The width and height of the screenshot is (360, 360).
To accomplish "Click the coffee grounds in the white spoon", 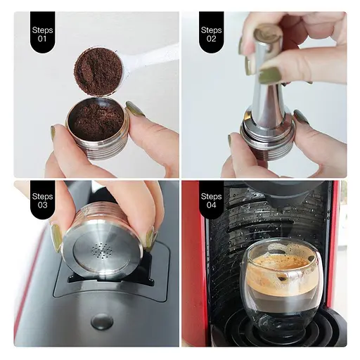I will tap(98, 71).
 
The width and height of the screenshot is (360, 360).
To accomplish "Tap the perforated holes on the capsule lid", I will tap(103, 250).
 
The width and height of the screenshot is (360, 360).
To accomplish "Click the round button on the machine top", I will tap(102, 321).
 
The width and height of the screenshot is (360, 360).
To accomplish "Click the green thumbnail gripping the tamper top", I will tap(270, 75).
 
